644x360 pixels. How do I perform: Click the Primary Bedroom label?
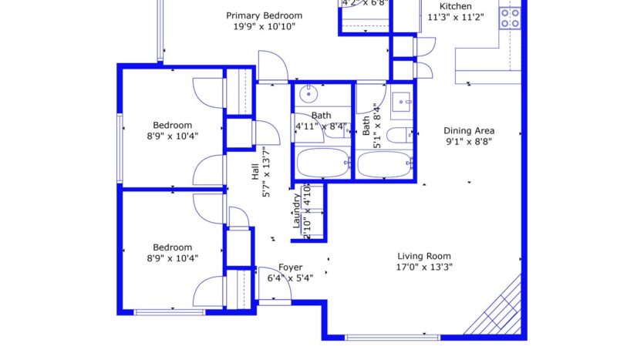[x=264, y=15]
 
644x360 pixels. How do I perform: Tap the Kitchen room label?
[x=455, y=6]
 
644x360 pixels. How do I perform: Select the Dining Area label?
[x=469, y=130]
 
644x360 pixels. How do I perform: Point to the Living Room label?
[x=423, y=257]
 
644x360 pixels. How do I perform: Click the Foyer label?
[x=290, y=267]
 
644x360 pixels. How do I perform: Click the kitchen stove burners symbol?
[x=509, y=18]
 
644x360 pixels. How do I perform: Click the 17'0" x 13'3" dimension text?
[x=423, y=267]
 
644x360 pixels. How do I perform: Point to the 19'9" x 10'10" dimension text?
[x=264, y=26]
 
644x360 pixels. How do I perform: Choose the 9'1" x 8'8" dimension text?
[x=469, y=141]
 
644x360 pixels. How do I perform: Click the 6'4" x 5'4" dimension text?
[x=290, y=278]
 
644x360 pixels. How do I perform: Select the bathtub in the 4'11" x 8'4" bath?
[x=322, y=163]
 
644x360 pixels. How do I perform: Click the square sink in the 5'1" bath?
[x=401, y=101]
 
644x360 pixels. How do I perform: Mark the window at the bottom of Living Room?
[x=392, y=337]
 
